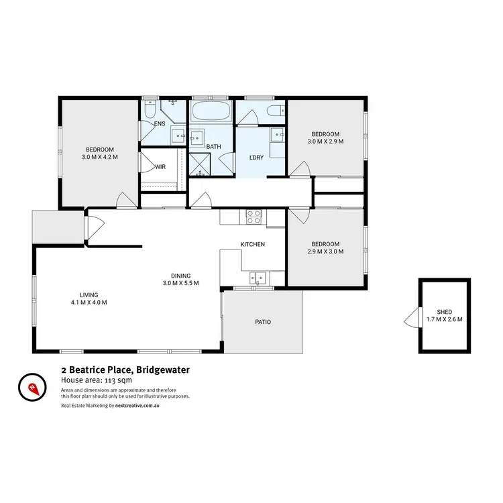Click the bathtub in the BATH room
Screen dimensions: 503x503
click(211, 111)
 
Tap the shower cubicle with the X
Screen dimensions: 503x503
click(199, 163)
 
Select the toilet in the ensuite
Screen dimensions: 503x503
click(150, 109)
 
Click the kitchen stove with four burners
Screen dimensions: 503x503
click(254, 217)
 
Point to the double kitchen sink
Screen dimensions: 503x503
click(258, 277)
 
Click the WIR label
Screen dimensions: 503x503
click(160, 167)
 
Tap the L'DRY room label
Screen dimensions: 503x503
click(256, 157)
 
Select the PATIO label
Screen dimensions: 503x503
click(263, 323)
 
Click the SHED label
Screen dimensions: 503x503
click(445, 312)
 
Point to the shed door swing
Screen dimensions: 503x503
click(410, 317)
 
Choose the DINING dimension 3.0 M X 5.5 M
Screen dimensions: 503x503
click(180, 283)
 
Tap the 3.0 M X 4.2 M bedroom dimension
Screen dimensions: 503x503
click(99, 158)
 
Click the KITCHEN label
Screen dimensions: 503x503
click(253, 244)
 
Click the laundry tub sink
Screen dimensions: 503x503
click(278, 135)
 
